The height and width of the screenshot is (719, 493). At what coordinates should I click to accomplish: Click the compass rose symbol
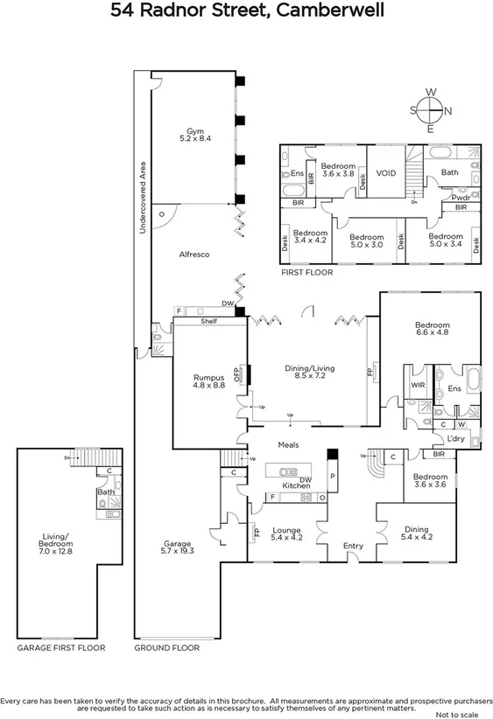pos(429,109)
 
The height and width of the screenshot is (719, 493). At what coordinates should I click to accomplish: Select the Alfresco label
pos(194,254)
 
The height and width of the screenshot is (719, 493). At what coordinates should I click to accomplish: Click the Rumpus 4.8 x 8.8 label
pos(208,381)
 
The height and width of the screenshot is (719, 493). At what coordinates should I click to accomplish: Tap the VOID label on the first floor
pos(386,173)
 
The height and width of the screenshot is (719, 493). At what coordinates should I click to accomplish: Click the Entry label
pos(353,546)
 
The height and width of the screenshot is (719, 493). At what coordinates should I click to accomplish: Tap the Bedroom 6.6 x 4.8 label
pos(432,329)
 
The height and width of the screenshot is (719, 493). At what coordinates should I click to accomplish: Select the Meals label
pos(289,444)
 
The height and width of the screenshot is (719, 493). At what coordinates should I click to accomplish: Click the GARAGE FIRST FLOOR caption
pos(61,648)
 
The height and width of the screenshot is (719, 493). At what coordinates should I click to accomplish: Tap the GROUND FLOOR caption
pos(166,648)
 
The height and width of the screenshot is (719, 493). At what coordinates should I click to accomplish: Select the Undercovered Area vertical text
pos(142,197)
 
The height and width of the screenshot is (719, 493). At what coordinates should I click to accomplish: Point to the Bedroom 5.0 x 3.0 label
pos(365,241)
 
